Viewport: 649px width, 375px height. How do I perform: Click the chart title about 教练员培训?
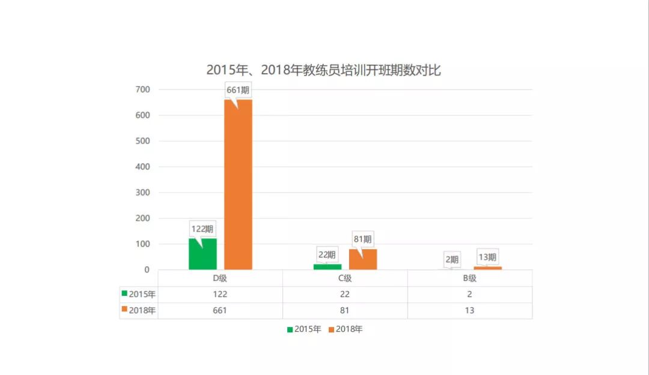coord(323,70)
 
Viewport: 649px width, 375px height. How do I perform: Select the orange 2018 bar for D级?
coord(238,186)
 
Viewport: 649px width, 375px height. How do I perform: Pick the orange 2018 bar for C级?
coord(363,259)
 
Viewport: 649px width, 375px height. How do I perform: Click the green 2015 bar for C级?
coord(328,266)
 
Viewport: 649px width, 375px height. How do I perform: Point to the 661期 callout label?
coord(238,90)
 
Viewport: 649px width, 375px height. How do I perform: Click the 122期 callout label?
coord(203,229)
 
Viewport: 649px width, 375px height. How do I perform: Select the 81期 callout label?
coord(363,239)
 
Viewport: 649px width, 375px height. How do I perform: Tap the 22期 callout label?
coord(328,254)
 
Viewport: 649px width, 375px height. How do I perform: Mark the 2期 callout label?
coord(452,259)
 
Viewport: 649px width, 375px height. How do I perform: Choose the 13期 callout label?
coord(487,257)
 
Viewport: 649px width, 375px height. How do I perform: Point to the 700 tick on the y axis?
coord(142,89)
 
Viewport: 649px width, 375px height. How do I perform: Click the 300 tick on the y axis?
coord(142,193)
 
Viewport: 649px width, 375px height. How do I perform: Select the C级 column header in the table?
coord(345,278)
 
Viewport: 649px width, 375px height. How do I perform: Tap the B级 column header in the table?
coord(469,278)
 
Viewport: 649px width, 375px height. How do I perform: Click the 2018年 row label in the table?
coord(139,310)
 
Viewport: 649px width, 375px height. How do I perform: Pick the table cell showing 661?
coord(220,310)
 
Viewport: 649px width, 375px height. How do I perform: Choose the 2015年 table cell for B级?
coord(469,294)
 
